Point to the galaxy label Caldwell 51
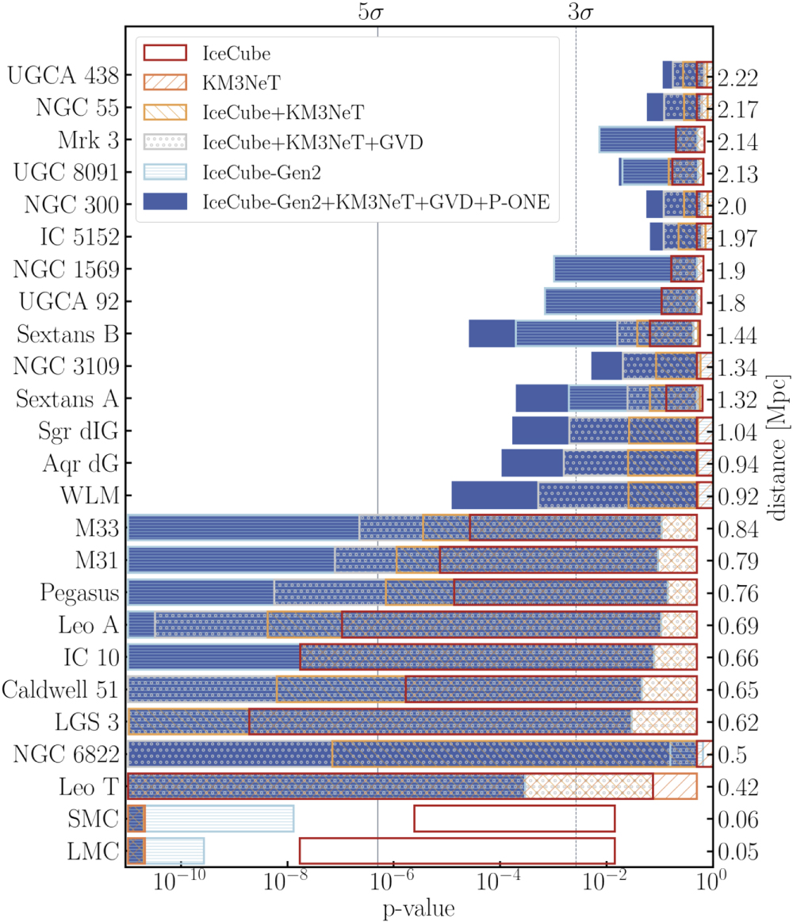61,690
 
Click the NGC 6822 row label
66,755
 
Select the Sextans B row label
67,334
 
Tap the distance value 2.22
738,77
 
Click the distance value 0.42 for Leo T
738,787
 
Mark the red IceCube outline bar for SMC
514,819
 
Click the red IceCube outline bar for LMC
457,851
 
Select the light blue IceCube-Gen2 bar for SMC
220,819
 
